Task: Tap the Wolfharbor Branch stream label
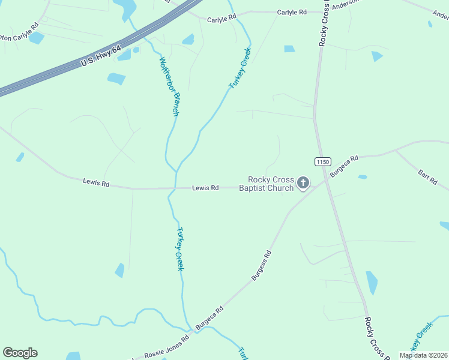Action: pyautogui.click(x=169, y=86)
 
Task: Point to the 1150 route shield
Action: pyautogui.click(x=322, y=161)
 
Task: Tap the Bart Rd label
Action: pyautogui.click(x=427, y=177)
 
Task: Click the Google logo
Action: pyautogui.click(x=20, y=353)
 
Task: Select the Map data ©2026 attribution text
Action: pyautogui.click(x=423, y=355)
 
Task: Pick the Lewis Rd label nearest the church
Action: pyautogui.click(x=205, y=188)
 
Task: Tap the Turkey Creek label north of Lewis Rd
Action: pyautogui.click(x=239, y=73)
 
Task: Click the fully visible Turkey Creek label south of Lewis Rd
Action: pyautogui.click(x=179, y=248)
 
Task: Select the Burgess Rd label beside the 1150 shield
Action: pyautogui.click(x=346, y=161)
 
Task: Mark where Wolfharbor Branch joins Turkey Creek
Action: pyautogui.click(x=176, y=170)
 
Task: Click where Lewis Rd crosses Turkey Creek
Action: pyautogui.click(x=173, y=188)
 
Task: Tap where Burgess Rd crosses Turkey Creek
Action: pyautogui.click(x=193, y=329)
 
